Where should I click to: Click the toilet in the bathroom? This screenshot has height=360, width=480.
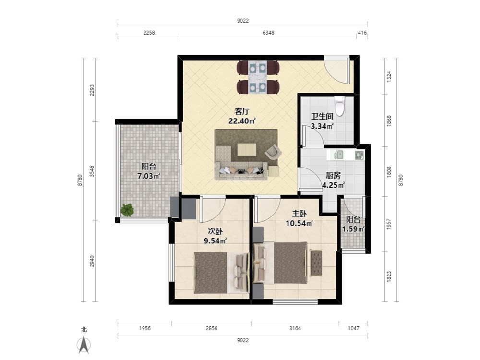pyautogui.click(x=339, y=106)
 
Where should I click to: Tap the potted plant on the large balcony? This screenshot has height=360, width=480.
pyautogui.click(x=127, y=210)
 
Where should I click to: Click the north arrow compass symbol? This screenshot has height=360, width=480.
pyautogui.click(x=84, y=345)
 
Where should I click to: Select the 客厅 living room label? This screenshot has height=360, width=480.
pyautogui.click(x=242, y=111)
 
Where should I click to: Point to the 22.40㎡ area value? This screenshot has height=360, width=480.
pyautogui.click(x=242, y=121)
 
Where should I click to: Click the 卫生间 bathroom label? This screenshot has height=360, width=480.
pyautogui.click(x=322, y=117)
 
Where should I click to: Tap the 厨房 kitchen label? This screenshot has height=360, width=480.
pyautogui.click(x=333, y=175)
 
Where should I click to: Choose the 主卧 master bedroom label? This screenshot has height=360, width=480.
pyautogui.click(x=300, y=214)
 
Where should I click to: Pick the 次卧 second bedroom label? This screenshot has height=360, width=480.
pyautogui.click(x=215, y=231)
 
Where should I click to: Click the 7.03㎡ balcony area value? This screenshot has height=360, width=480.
pyautogui.click(x=149, y=176)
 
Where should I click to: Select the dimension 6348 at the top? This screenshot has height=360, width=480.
pyautogui.click(x=268, y=33)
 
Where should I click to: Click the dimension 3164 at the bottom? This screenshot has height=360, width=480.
pyautogui.click(x=295, y=328)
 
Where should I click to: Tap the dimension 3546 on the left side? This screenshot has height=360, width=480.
pyautogui.click(x=92, y=171)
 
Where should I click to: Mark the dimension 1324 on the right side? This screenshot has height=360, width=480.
pyautogui.click(x=389, y=76)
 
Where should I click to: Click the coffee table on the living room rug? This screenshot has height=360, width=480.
pyautogui.click(x=247, y=149)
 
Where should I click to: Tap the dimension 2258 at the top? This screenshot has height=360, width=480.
pyautogui.click(x=149, y=33)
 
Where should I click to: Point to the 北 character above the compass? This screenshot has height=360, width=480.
pyautogui.click(x=84, y=329)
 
